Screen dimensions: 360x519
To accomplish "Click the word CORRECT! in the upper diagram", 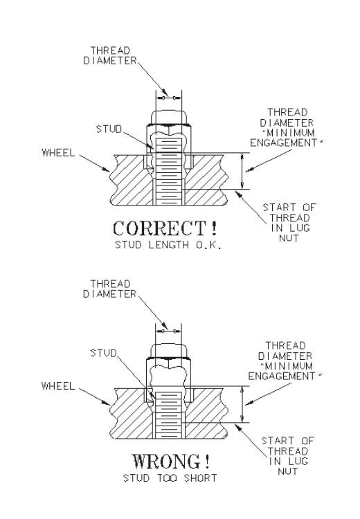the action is pos(165,228).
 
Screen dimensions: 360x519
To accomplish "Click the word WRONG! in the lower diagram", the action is pos(171,462).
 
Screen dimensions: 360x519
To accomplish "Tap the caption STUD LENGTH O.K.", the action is pos(168,245).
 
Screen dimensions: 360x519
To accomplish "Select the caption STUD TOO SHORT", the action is pos(170,478).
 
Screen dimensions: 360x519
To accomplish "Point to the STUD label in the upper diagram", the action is pos(109,129).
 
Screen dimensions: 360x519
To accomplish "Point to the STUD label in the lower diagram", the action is pos(104,353).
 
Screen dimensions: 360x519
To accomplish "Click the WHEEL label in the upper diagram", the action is pos(59,153).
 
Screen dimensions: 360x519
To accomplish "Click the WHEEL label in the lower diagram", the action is pos(58,386).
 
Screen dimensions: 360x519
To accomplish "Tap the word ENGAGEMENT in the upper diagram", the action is pos(283,143).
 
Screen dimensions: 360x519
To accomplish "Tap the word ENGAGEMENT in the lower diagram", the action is pos(282,376).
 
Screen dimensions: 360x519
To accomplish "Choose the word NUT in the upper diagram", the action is pos(289,238).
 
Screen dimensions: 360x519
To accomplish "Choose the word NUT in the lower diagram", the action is pos(287,471).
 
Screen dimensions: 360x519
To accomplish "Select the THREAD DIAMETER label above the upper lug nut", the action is pos(109,55).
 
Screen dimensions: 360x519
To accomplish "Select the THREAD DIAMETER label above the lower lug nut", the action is pos(109,289).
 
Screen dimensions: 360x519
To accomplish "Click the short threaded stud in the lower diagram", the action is pos(168,415).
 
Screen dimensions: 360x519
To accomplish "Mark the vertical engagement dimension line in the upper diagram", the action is pos(242,171).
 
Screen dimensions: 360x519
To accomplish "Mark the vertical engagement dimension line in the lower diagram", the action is pos(242,404).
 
